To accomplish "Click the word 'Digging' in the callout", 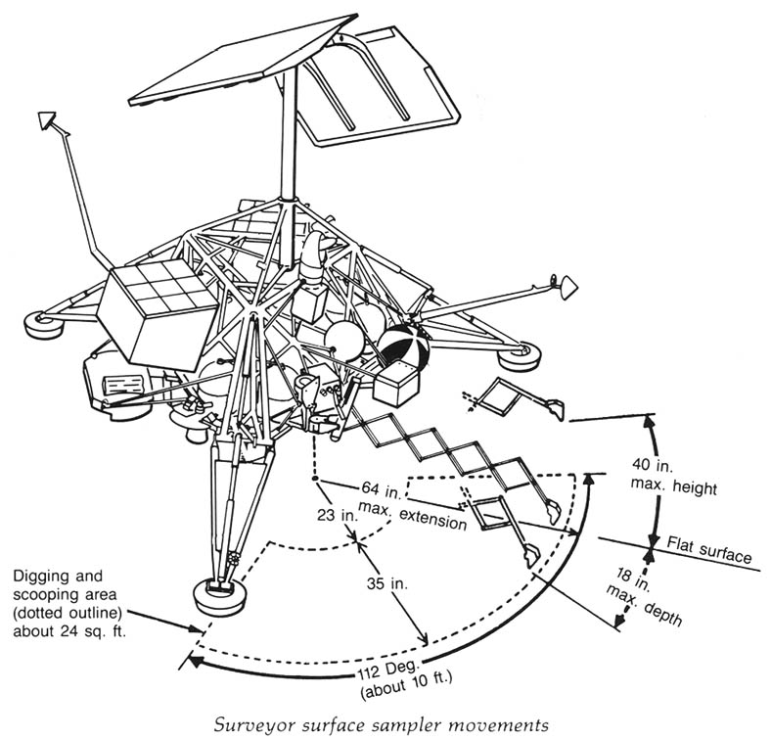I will coord(42,577).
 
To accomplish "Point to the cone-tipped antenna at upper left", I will coord(46,119).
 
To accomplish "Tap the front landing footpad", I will coord(220,594).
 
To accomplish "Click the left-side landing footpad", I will coord(44,319).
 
